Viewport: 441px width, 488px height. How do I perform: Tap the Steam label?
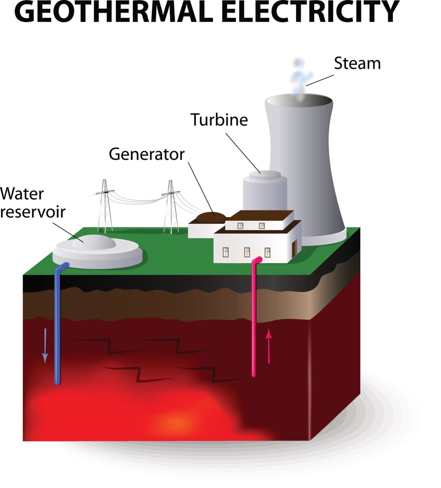coord(357,63)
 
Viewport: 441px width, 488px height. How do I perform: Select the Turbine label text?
coord(219,120)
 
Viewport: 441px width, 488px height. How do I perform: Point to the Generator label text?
coord(146,154)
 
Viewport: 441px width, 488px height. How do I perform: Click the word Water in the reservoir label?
coord(22,194)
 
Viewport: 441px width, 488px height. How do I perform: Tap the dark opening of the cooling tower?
coord(299,101)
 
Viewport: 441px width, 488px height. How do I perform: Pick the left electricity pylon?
coord(105,207)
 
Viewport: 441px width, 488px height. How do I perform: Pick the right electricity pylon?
coord(171,208)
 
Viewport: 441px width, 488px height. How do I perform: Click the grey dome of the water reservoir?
coord(94,242)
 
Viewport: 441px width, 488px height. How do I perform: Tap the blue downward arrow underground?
coord(45,345)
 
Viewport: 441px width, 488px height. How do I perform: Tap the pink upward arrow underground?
coord(269,346)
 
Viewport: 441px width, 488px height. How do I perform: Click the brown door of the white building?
coord(294,248)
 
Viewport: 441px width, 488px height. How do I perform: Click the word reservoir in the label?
coord(33,212)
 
